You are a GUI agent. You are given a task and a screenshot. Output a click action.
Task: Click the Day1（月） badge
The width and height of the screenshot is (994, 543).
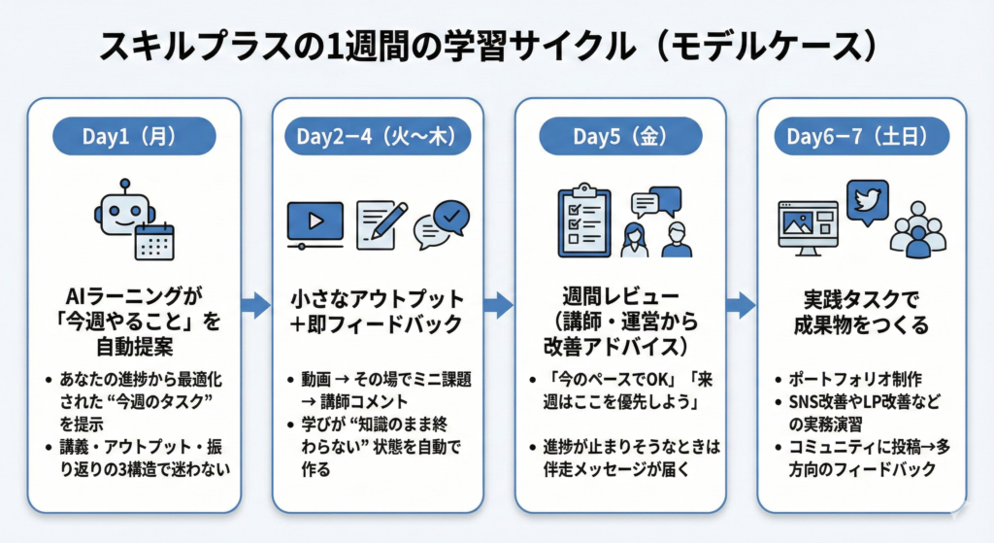(133, 136)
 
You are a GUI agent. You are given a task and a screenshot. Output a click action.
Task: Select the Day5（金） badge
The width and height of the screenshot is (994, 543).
(619, 136)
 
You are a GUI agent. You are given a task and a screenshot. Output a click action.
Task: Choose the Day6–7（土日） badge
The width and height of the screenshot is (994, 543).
(862, 136)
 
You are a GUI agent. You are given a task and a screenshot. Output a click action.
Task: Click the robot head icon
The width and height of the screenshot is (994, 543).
(122, 210)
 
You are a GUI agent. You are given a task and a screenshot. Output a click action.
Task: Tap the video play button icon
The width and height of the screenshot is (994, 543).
(315, 221)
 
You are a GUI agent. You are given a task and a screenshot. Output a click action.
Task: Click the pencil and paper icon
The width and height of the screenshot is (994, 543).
(381, 222)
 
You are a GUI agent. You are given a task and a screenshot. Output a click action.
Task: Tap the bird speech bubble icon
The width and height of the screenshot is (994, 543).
(866, 201)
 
